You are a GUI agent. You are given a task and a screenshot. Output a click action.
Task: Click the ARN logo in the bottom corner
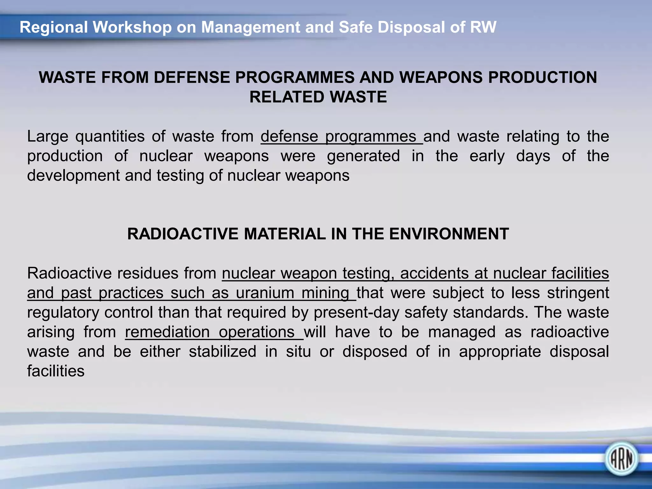click(x=621, y=459)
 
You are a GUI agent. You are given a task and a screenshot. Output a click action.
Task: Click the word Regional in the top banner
click(x=53, y=27)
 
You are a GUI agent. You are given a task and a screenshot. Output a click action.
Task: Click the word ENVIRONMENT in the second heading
click(x=449, y=234)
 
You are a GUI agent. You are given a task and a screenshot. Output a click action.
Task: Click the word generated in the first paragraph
click(x=363, y=156)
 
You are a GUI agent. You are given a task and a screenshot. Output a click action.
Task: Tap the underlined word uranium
click(x=265, y=293)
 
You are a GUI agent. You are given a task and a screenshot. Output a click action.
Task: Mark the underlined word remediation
click(x=167, y=332)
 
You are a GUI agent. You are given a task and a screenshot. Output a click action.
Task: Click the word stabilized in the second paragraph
click(x=223, y=352)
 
